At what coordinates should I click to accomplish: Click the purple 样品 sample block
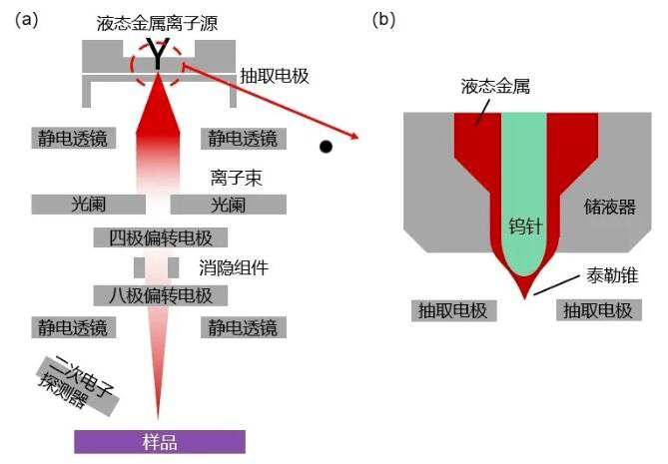159,441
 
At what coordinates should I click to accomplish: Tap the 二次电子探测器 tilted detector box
78,387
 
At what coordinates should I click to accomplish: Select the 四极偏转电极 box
160,237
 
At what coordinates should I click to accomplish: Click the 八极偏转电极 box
160,295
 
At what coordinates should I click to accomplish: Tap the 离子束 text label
229,179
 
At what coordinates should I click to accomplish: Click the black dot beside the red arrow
326,148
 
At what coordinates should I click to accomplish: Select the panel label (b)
384,18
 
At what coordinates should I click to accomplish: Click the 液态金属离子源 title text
157,22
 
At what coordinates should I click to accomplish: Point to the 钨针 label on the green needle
524,226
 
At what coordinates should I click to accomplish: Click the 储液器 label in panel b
610,208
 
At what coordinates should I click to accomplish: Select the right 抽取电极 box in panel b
597,310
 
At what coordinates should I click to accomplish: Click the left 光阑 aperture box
88,205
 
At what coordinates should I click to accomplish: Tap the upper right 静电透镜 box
241,138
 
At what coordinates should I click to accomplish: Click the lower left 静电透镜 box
73,327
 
